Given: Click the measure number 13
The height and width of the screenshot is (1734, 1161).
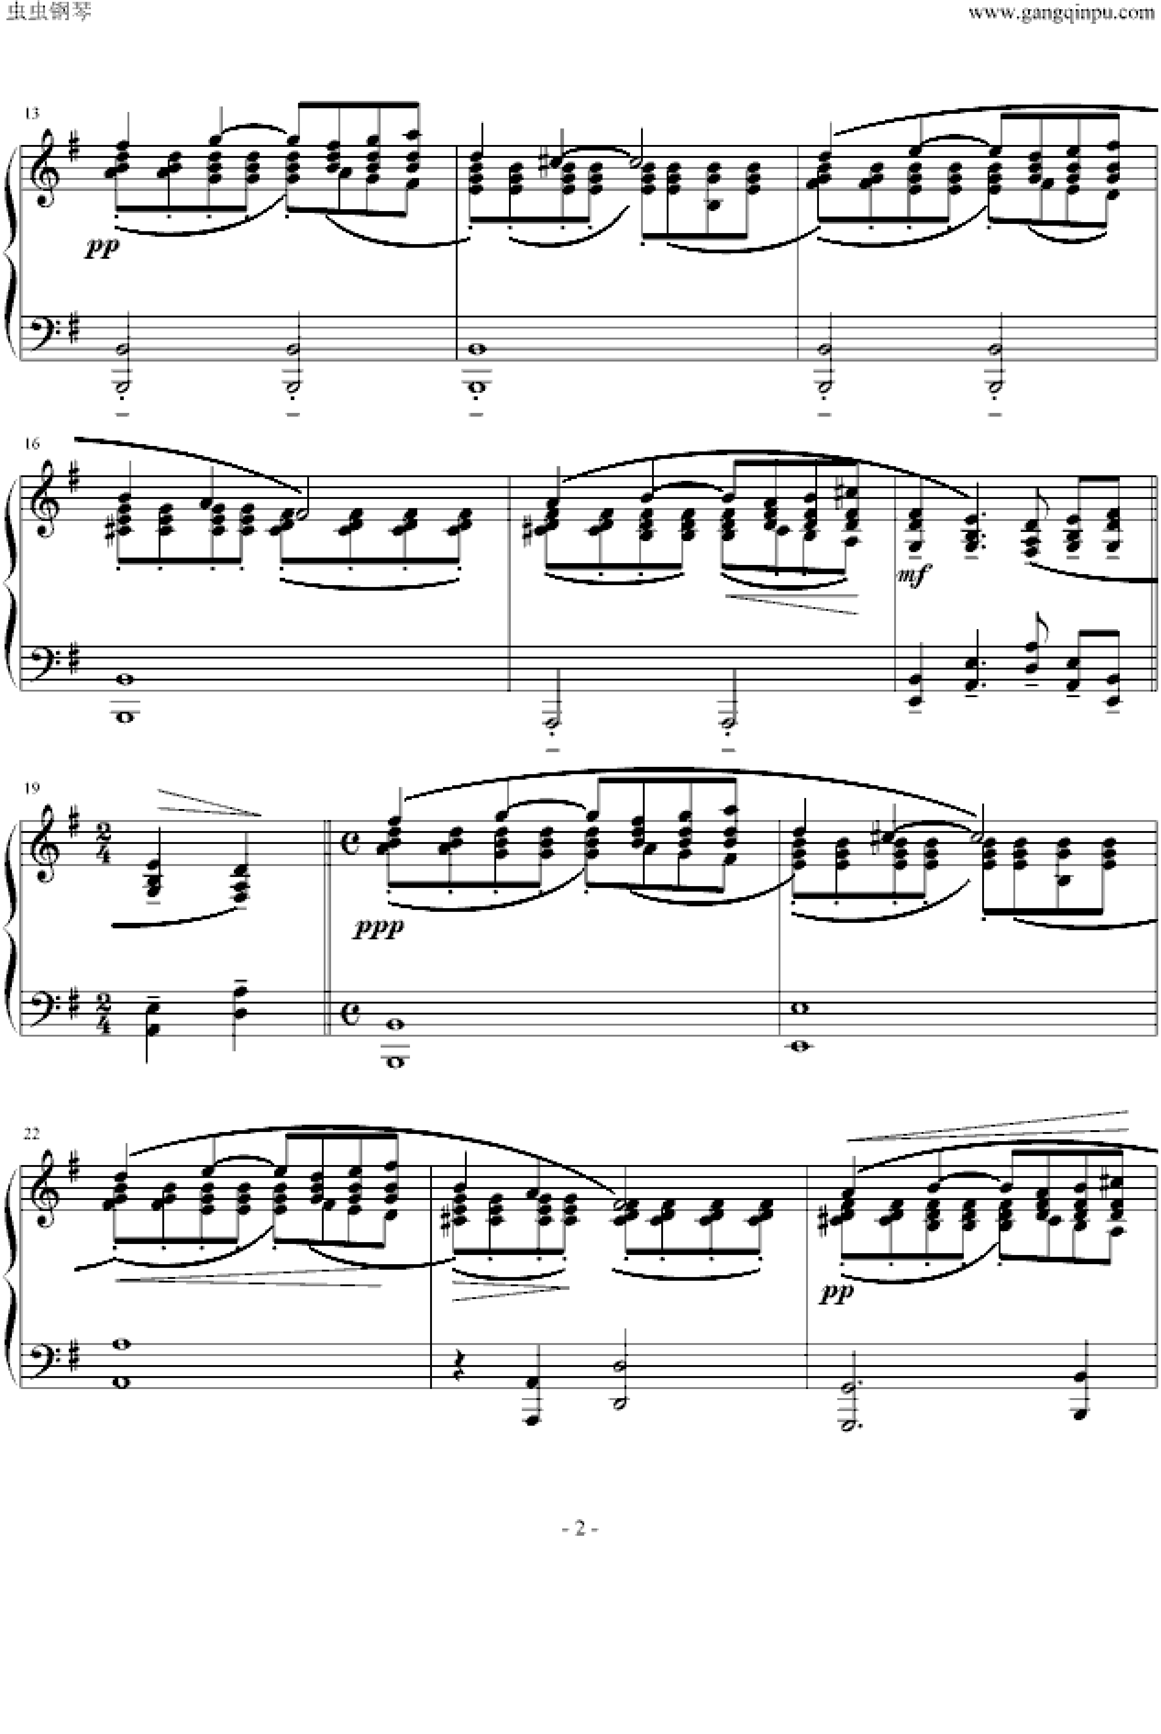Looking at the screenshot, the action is (31, 113).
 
